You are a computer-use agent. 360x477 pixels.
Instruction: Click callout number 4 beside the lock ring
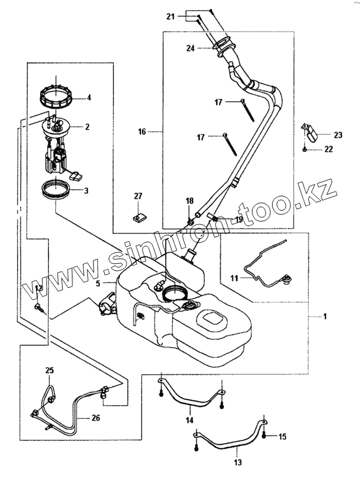89,98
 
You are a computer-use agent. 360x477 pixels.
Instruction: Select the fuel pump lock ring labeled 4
56,95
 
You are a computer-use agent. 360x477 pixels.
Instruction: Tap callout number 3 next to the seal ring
87,190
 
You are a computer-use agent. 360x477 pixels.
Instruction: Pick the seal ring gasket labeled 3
58,189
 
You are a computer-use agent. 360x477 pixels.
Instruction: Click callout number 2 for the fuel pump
87,127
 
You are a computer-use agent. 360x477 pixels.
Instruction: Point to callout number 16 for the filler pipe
142,132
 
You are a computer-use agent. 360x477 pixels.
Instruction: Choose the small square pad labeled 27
138,217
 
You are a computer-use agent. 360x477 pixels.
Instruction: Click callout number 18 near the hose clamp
189,201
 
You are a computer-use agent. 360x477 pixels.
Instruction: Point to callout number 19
238,220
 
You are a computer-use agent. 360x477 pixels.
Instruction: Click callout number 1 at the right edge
325,316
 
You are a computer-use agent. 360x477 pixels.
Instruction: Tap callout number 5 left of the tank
98,283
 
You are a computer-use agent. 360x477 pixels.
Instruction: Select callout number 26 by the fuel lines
95,418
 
